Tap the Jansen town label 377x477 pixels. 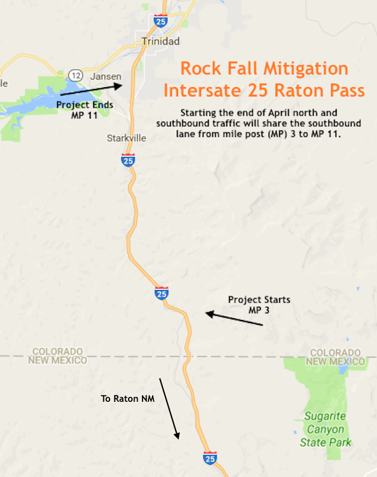[x=105, y=76]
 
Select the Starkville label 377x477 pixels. [x=126, y=138]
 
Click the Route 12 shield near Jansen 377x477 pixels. [x=75, y=76]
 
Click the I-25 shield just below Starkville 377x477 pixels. [x=127, y=159]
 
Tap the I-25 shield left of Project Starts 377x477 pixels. [x=161, y=293]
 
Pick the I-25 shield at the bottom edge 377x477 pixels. [x=210, y=458]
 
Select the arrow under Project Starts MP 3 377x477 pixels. [x=234, y=319]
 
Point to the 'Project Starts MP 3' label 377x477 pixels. [x=259, y=304]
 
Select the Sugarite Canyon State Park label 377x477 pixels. [x=325, y=429]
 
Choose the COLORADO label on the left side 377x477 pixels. [x=57, y=351]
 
